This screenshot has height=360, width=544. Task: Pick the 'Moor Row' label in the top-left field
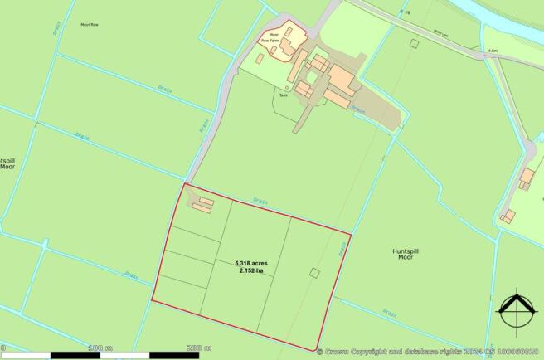90,25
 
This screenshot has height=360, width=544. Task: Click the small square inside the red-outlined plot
314,273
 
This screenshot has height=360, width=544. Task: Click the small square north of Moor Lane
413,44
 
